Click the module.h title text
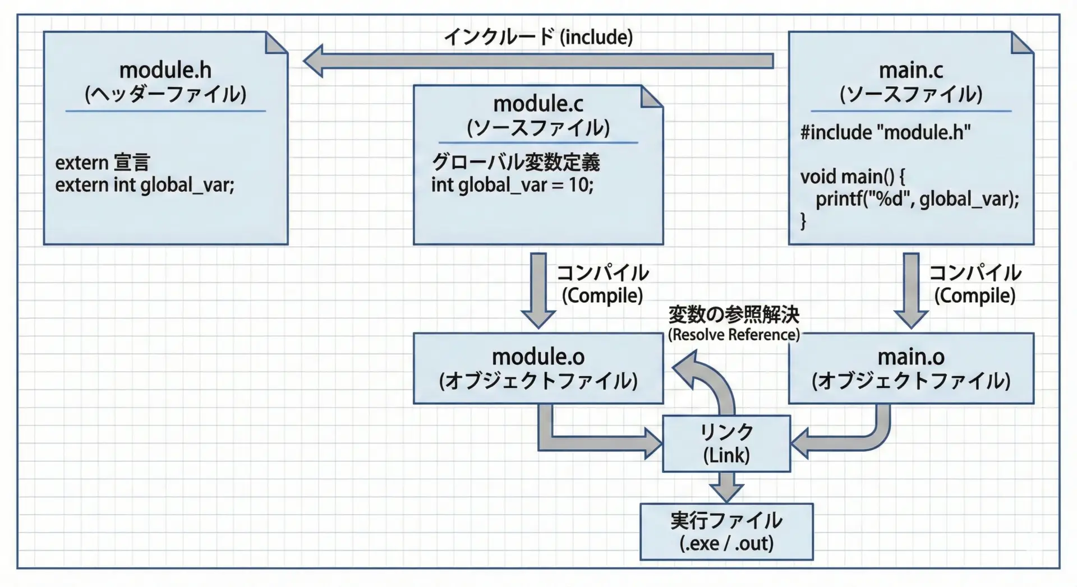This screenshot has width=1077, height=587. (x=165, y=71)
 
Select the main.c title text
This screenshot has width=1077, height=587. (x=910, y=71)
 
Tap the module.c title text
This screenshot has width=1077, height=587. (x=538, y=104)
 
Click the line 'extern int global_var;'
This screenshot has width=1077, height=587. (x=145, y=185)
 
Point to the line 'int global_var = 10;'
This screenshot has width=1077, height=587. (x=512, y=185)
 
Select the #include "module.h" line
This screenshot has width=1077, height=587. (x=885, y=132)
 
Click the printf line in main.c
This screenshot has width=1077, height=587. (x=917, y=199)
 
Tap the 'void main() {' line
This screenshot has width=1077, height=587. (x=852, y=177)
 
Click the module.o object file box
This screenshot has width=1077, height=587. (x=538, y=368)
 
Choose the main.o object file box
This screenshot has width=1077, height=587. (x=910, y=368)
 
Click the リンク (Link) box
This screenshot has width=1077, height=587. (x=726, y=443)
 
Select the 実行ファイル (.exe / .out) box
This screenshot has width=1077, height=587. (x=726, y=531)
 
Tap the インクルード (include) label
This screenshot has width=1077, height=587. (x=538, y=37)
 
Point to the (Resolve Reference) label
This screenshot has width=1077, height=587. (x=734, y=335)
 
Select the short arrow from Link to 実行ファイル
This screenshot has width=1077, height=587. (x=726, y=487)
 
